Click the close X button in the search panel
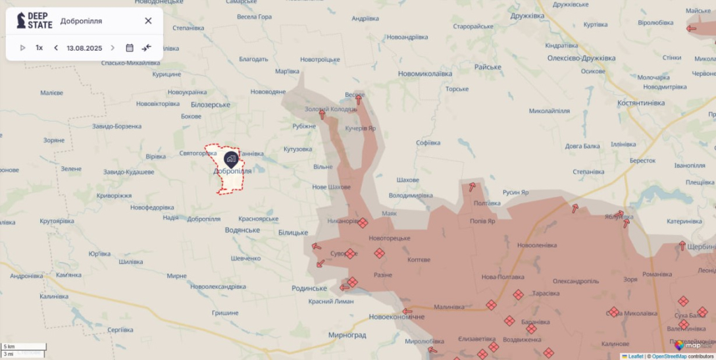148,21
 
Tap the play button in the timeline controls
23,48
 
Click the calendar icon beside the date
130,48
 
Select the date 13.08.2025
84,48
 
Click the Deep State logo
34,20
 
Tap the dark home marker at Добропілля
231,159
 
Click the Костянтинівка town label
641,103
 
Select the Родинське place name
309,288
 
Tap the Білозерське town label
211,105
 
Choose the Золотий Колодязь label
331,109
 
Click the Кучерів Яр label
361,128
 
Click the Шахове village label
403,180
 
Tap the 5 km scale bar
24,347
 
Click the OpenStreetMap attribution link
669,356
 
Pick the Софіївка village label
428,143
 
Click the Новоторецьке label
389,238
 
